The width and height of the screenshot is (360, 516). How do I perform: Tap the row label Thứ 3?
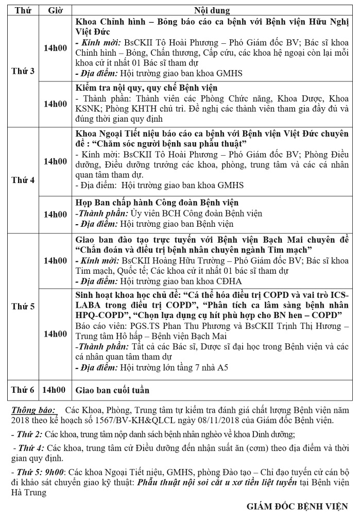[23, 71]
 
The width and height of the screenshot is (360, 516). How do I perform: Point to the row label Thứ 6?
[23, 389]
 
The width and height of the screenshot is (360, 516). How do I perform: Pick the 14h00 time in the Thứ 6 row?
[55, 389]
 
